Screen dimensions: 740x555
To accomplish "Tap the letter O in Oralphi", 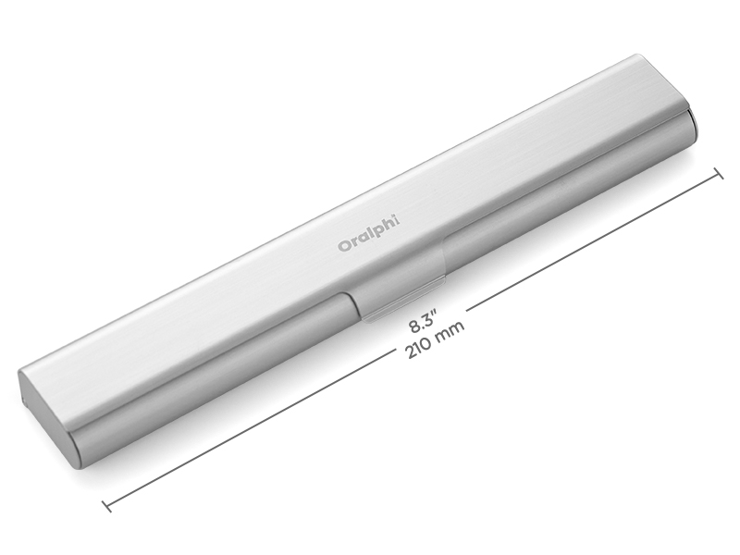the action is click(x=342, y=246).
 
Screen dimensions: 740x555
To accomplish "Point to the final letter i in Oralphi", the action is click(x=398, y=218).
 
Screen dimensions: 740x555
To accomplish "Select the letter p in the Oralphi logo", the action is click(x=378, y=230).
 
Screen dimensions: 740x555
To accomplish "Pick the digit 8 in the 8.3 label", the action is click(x=413, y=327).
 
